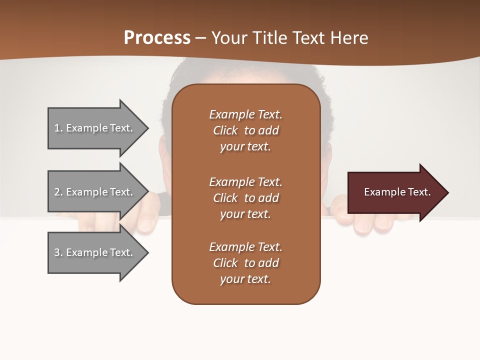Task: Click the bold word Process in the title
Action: (x=157, y=38)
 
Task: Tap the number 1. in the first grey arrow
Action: (x=58, y=128)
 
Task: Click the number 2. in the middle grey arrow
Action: (x=58, y=192)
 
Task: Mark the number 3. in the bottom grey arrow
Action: (x=58, y=252)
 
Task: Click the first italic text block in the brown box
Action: (x=245, y=130)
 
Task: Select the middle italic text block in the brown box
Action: (x=245, y=198)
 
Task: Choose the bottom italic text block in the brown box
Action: (x=245, y=263)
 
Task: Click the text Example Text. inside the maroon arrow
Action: (x=397, y=192)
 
